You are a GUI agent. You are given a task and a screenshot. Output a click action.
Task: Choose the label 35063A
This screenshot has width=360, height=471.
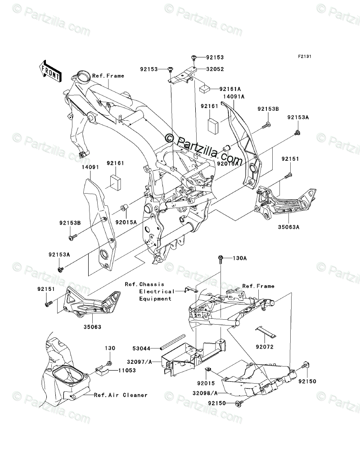pyautogui.click(x=288, y=227)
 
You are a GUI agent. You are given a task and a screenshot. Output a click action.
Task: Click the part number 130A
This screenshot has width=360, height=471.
pyautogui.click(x=240, y=258)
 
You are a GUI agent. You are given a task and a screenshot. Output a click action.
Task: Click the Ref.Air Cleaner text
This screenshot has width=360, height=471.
pyautogui.click(x=121, y=395)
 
